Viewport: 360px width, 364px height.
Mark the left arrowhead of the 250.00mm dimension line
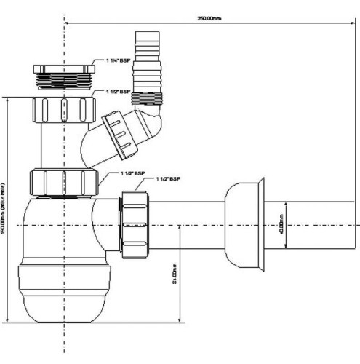(x=67, y=23)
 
